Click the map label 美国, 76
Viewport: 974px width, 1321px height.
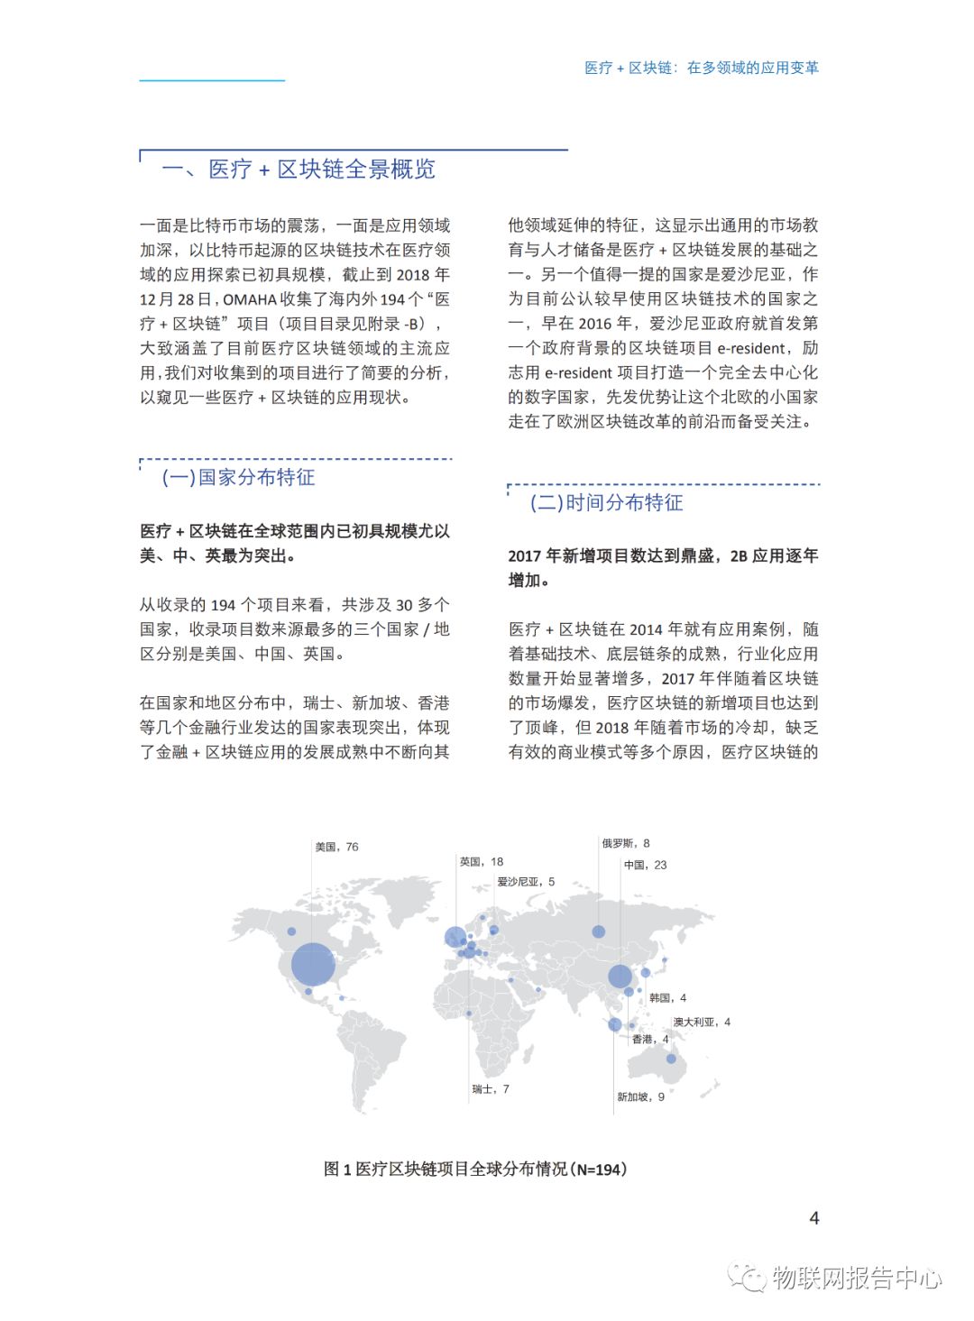[x=336, y=847]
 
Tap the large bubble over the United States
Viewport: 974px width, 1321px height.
[x=313, y=964]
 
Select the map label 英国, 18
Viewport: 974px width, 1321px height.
[x=482, y=862]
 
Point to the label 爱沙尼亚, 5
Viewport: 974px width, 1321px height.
[x=526, y=882]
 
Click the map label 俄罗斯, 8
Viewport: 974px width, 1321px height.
[x=626, y=844]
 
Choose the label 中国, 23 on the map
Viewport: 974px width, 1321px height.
[x=645, y=865]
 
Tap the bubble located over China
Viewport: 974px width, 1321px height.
[x=620, y=976]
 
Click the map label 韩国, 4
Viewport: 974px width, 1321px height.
[x=667, y=998]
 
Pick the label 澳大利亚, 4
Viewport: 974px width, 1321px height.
[x=702, y=1023]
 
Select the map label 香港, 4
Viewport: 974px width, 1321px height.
[x=650, y=1040]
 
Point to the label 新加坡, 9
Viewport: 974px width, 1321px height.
[x=640, y=1097]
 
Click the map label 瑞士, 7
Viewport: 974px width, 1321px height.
[x=491, y=1089]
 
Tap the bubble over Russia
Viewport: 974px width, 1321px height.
[x=598, y=931]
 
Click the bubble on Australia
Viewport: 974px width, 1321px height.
[x=671, y=1059]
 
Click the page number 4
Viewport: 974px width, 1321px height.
[x=814, y=1218]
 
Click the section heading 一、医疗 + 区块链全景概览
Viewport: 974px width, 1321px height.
[x=299, y=170]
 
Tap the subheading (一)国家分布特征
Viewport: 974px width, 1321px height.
[x=238, y=478]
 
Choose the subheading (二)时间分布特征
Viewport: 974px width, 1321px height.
[x=606, y=503]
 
